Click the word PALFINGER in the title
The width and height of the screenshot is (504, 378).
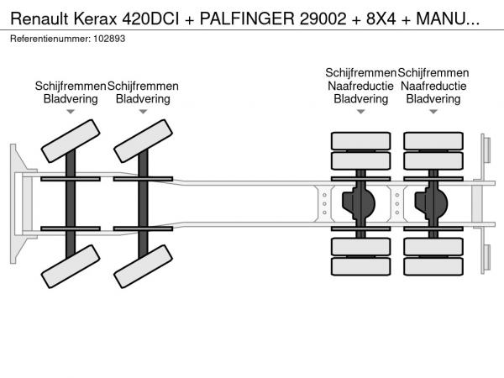click(x=247, y=18)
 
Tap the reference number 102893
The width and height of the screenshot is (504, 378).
click(x=109, y=39)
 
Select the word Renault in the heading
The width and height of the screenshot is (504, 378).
click(x=39, y=18)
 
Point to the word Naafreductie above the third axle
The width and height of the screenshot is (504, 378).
click(x=360, y=87)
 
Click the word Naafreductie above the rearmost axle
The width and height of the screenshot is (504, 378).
click(x=433, y=87)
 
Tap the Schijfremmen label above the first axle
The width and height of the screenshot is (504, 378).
click(x=71, y=87)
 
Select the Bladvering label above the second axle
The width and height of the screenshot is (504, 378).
click(x=143, y=99)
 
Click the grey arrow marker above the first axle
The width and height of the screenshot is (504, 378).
click(x=71, y=112)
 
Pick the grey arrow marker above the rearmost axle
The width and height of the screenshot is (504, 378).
click(x=433, y=112)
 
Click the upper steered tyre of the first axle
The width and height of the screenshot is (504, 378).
click(x=71, y=141)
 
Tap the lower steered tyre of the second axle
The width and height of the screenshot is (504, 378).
click(x=143, y=266)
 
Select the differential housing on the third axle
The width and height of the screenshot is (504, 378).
click(x=359, y=203)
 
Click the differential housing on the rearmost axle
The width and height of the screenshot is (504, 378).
click(x=431, y=203)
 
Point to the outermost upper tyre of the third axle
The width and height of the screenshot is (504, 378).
click(x=360, y=141)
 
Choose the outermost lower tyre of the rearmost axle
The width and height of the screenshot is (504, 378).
click(x=433, y=266)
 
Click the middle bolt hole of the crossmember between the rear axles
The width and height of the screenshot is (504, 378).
click(x=397, y=204)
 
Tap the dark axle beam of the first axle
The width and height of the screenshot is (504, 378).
click(x=71, y=204)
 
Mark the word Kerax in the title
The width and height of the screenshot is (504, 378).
click(x=95, y=18)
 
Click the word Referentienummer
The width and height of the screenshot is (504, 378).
click(x=50, y=39)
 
